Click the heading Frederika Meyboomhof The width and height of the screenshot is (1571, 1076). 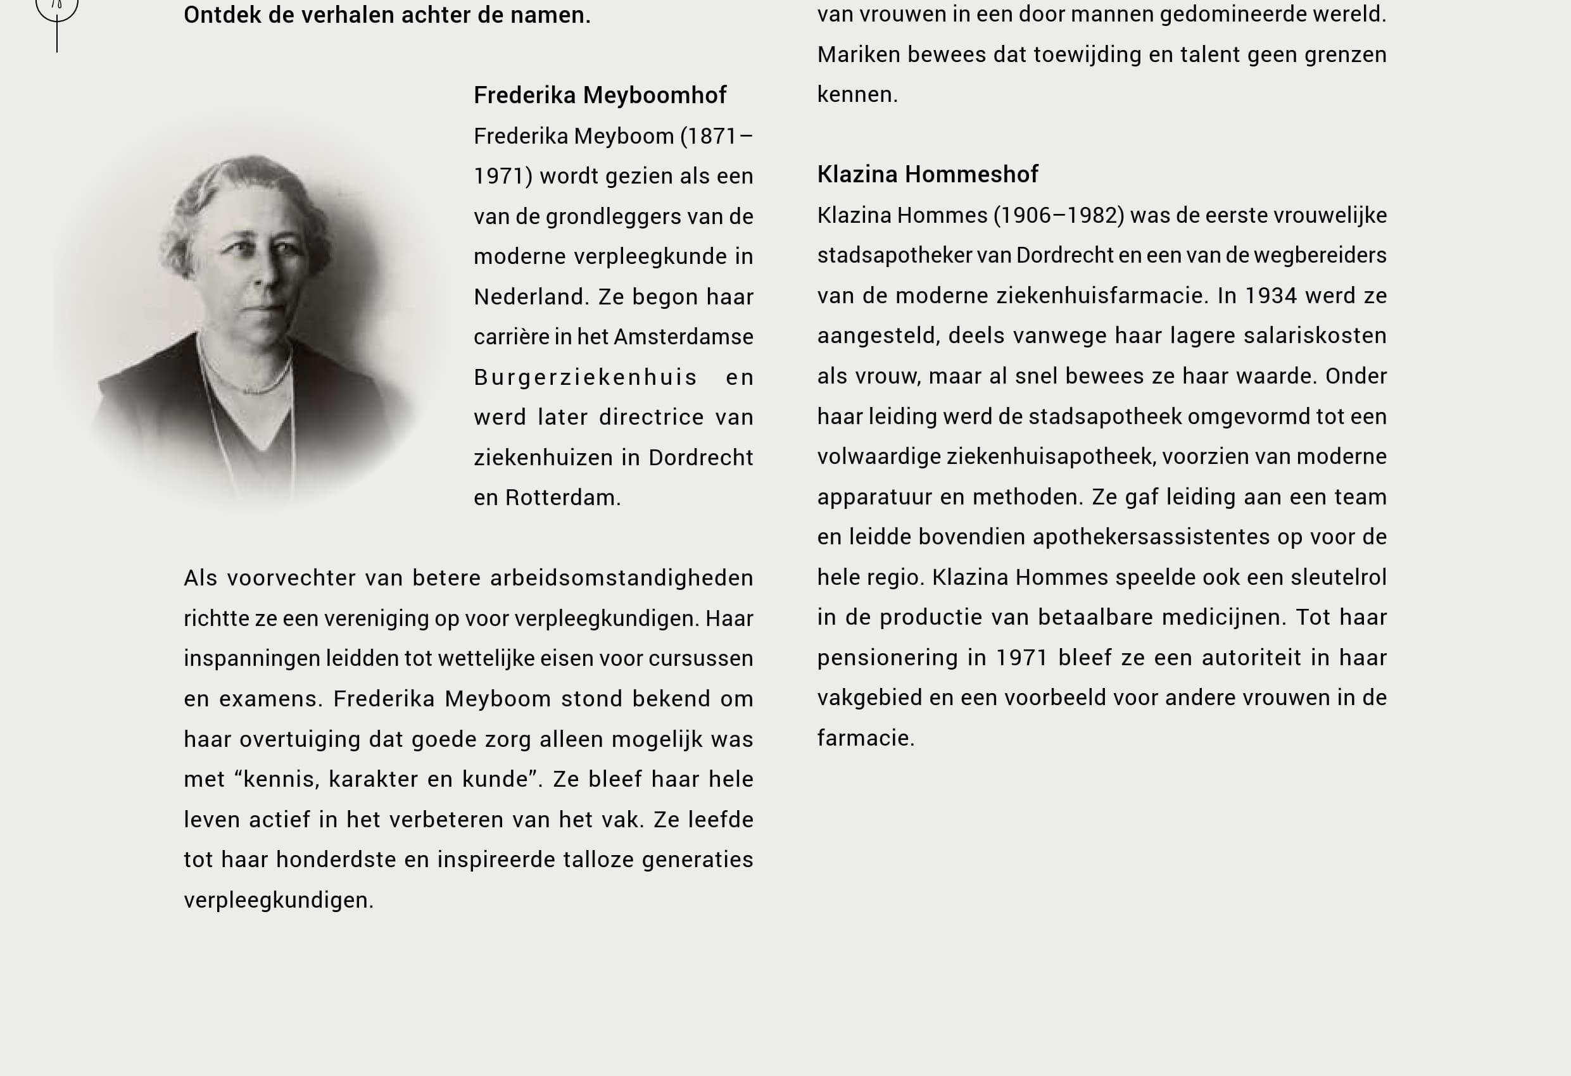click(600, 96)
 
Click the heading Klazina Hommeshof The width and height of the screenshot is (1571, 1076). click(928, 175)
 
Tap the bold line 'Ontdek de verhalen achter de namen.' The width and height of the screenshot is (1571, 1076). click(387, 15)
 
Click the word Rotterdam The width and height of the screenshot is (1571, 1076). click(562, 497)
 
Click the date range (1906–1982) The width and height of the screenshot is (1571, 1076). click(1059, 216)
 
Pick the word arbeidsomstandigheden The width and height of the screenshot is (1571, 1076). click(621, 579)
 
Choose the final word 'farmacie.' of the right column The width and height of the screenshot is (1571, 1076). click(865, 738)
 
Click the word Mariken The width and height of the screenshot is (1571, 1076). click(859, 54)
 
